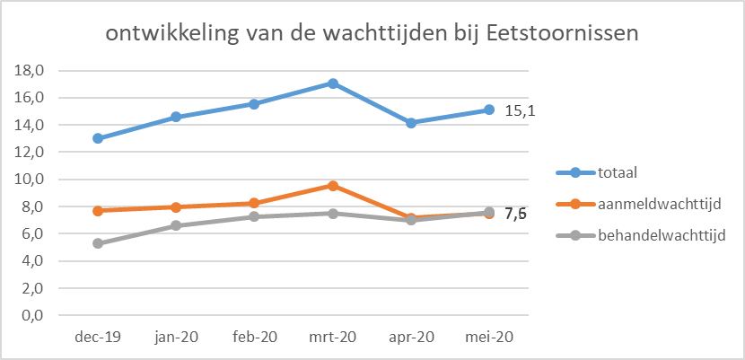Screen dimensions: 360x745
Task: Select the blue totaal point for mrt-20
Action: pyautogui.click(x=333, y=83)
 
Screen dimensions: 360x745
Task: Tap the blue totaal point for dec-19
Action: pyautogui.click(x=98, y=138)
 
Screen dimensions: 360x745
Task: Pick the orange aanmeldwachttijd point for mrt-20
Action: pyautogui.click(x=333, y=186)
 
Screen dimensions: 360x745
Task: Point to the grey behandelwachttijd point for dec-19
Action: pyautogui.click(x=98, y=243)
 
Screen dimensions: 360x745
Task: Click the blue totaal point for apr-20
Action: pyautogui.click(x=411, y=123)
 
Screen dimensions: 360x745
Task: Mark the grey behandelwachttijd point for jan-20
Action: pyautogui.click(x=176, y=225)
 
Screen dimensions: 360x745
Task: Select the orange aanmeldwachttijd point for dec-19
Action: pyautogui.click(x=98, y=211)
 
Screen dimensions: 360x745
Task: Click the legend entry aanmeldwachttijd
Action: pyautogui.click(x=659, y=205)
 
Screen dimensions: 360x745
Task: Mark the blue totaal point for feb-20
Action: pyautogui.click(x=254, y=104)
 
